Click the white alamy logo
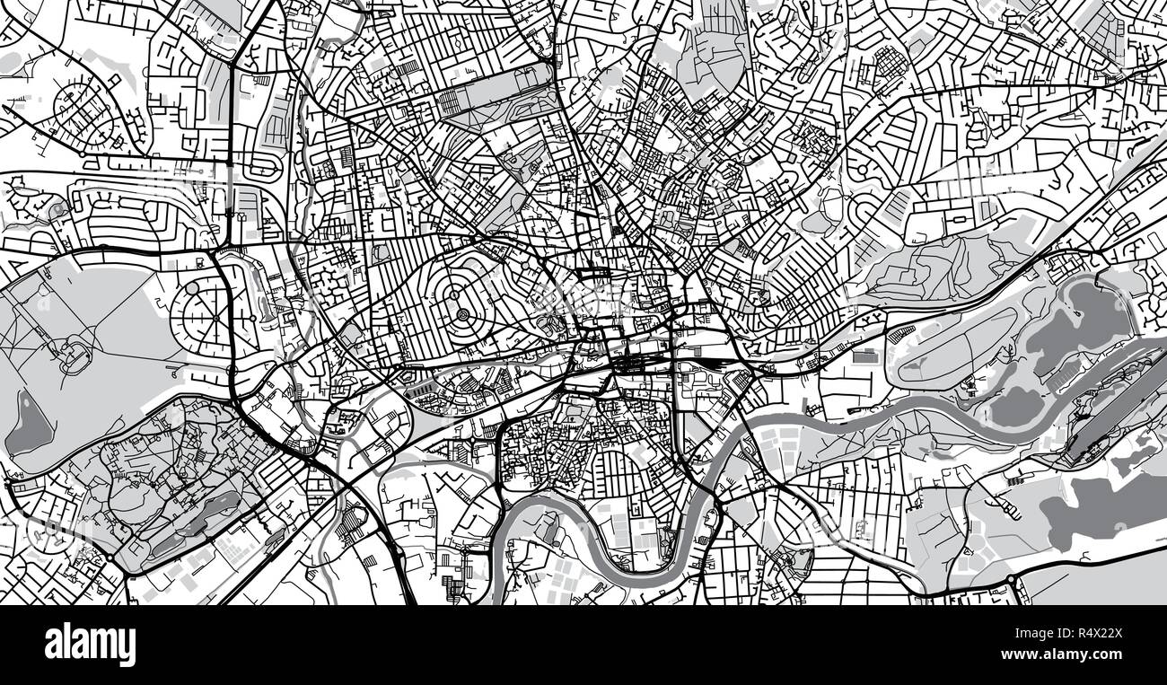tap(90, 645)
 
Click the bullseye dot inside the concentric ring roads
tap(462, 314)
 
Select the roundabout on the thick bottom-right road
tap(1015, 587)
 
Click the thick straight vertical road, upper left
tap(232, 135)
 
